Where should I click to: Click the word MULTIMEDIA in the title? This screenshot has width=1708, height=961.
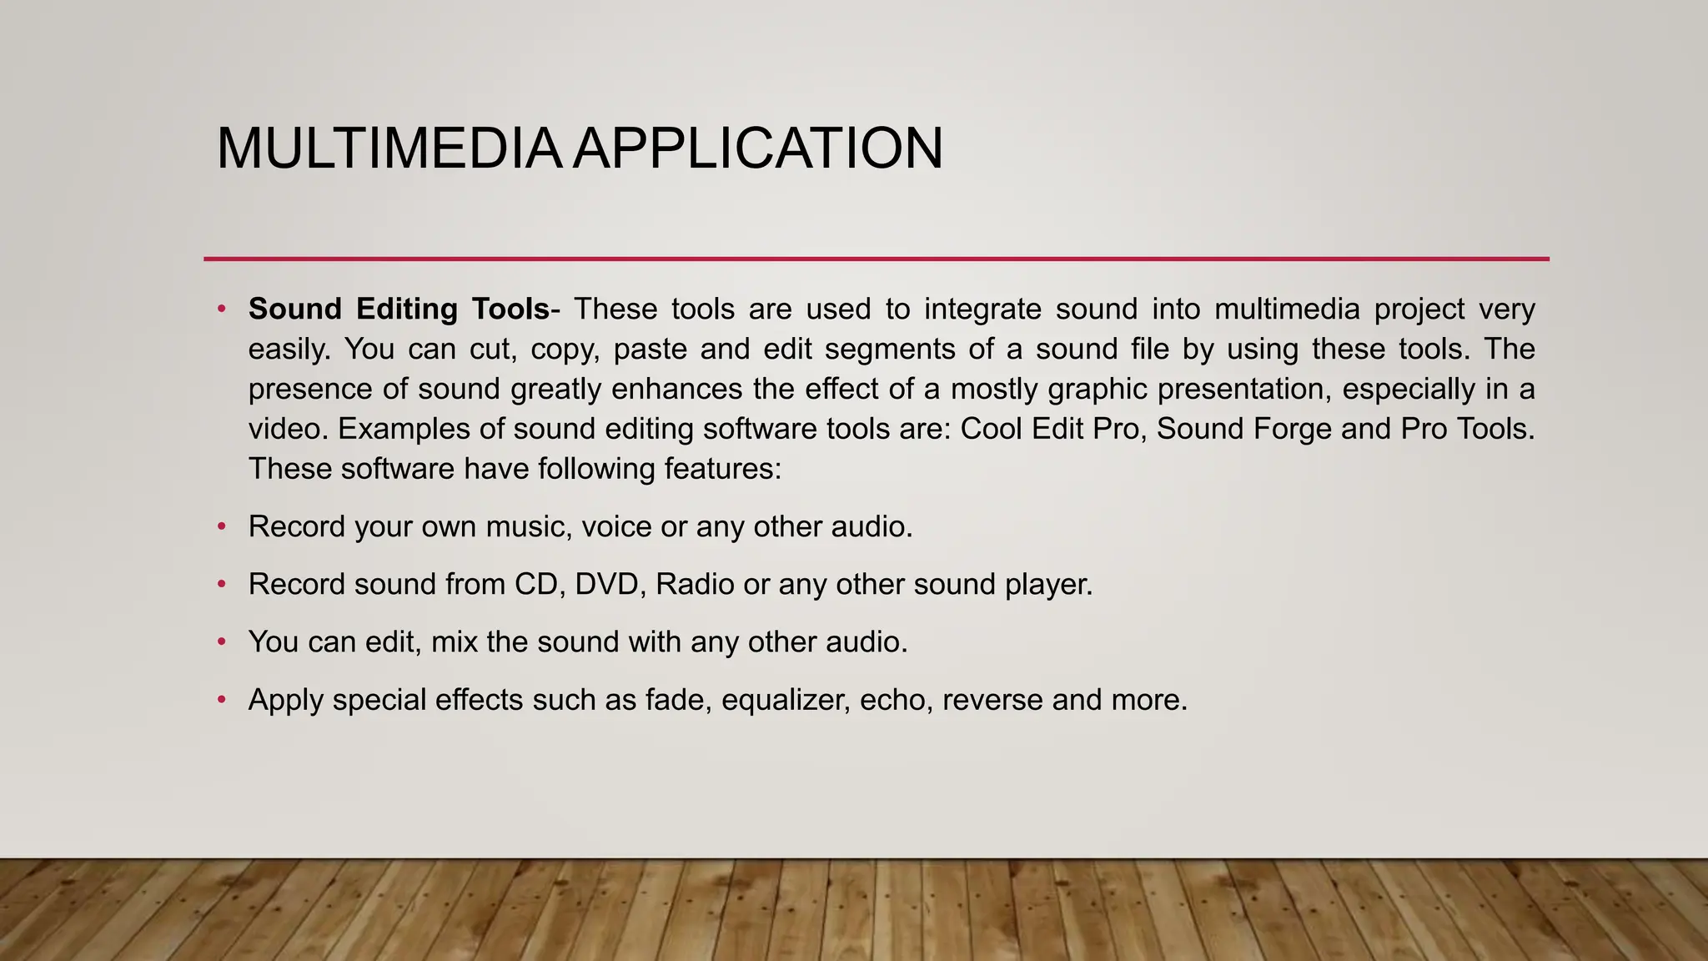(x=388, y=148)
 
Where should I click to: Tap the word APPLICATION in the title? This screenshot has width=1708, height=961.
(x=758, y=148)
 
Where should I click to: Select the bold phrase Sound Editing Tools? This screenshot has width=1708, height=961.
(x=399, y=309)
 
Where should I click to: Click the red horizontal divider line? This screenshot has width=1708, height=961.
(x=876, y=259)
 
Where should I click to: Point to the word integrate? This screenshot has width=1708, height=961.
(x=982, y=309)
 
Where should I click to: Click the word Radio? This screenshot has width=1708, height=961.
(x=695, y=585)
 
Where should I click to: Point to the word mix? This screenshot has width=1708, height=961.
(x=454, y=642)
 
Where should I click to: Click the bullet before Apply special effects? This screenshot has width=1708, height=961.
(x=222, y=700)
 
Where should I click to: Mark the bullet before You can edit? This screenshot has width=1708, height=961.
(x=222, y=642)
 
